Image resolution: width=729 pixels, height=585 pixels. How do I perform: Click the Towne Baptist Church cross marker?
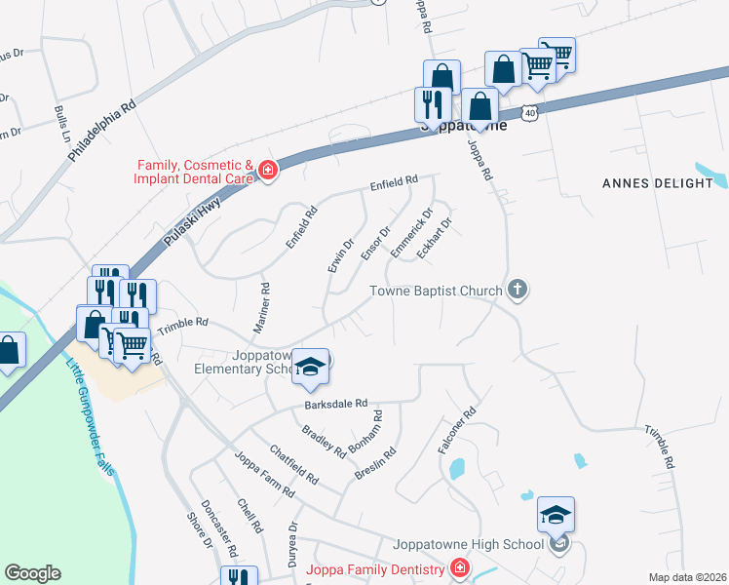(518, 290)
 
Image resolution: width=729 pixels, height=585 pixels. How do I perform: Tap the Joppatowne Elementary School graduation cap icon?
(311, 366)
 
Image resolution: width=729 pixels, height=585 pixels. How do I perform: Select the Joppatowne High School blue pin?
(556, 514)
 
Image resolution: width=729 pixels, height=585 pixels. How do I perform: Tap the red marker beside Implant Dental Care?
(268, 173)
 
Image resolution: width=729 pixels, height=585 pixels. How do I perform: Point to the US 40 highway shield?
(528, 113)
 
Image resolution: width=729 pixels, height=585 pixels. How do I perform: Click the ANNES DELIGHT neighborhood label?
(658, 182)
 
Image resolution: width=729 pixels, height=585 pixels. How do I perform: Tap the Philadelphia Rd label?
(102, 134)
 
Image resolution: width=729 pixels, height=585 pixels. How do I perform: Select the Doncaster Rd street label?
(219, 527)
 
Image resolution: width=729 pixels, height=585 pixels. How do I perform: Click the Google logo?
(32, 573)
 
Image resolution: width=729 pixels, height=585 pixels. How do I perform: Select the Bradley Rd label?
(324, 441)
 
